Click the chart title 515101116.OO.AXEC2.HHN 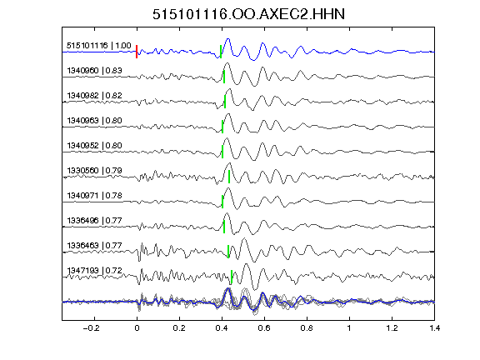click(x=248, y=14)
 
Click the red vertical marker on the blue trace click(x=137, y=52)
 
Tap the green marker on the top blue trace click(x=221, y=52)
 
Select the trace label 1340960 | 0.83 click(x=95, y=71)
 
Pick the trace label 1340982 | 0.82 click(x=95, y=96)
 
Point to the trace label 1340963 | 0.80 click(x=95, y=121)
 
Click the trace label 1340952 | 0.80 click(x=95, y=145)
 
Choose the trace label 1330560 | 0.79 click(x=95, y=171)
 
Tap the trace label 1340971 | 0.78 click(x=95, y=196)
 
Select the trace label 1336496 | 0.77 click(x=95, y=221)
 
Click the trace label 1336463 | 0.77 click(x=95, y=246)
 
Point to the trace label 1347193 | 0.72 click(x=95, y=271)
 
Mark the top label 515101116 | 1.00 click(x=99, y=46)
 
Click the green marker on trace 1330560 click(x=229, y=177)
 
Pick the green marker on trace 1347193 click(x=232, y=277)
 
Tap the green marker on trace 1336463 click(x=228, y=252)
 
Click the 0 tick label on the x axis click(x=137, y=328)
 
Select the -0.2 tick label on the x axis click(x=91, y=328)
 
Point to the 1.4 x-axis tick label click(x=435, y=328)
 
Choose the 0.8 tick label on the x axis click(x=307, y=328)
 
